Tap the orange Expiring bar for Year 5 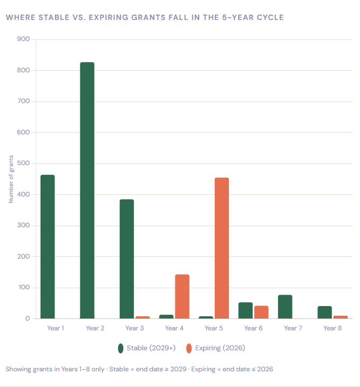[222, 248]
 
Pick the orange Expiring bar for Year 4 [182, 296]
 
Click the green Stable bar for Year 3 [127, 259]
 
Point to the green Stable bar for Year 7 [285, 307]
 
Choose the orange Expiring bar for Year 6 [261, 312]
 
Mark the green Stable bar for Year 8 [325, 312]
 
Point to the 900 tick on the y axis [23, 39]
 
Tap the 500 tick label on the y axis [23, 164]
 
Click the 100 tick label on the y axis [23, 288]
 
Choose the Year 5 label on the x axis [214, 328]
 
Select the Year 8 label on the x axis [332, 328]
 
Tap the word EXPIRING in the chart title [105, 18]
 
